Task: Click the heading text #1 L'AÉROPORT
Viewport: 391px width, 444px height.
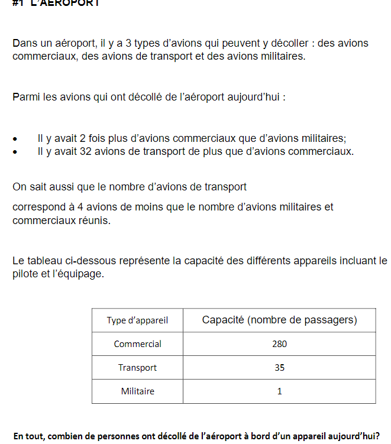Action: click(56, 3)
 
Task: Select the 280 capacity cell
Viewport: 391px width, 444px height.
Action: click(279, 343)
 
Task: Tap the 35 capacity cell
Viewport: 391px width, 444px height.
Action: click(279, 367)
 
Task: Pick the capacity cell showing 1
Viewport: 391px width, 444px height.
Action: click(279, 391)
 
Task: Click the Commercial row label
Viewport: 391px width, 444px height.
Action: click(137, 343)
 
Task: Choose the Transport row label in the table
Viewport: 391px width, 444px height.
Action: click(137, 367)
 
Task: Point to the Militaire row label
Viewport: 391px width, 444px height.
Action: click(137, 391)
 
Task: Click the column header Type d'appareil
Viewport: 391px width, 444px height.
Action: click(137, 320)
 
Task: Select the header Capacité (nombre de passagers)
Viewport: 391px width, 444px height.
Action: click(279, 320)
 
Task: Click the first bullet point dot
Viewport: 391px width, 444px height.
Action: click(15, 140)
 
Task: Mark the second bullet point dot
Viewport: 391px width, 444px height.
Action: click(15, 153)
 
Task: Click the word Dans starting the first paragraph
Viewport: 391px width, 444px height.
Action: click(24, 43)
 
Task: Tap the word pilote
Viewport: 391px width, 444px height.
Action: click(25, 274)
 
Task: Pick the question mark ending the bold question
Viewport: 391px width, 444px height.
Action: click(377, 436)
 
